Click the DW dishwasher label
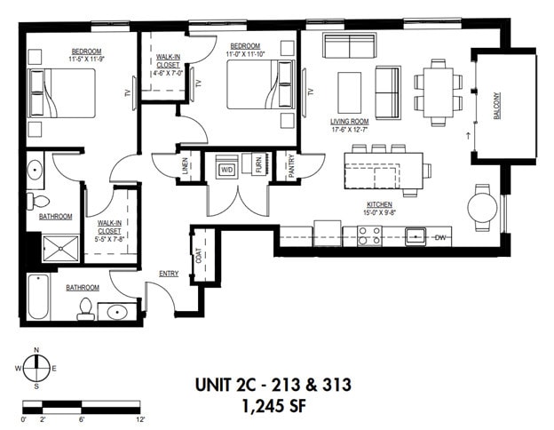click(441, 237)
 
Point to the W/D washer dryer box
click(226, 168)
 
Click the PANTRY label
click(291, 166)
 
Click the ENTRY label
click(169, 274)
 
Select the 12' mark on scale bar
click(139, 418)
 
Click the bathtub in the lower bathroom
click(37, 298)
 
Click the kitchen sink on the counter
click(415, 236)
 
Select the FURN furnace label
click(259, 168)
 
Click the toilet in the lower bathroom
click(86, 308)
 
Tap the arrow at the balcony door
click(467, 136)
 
